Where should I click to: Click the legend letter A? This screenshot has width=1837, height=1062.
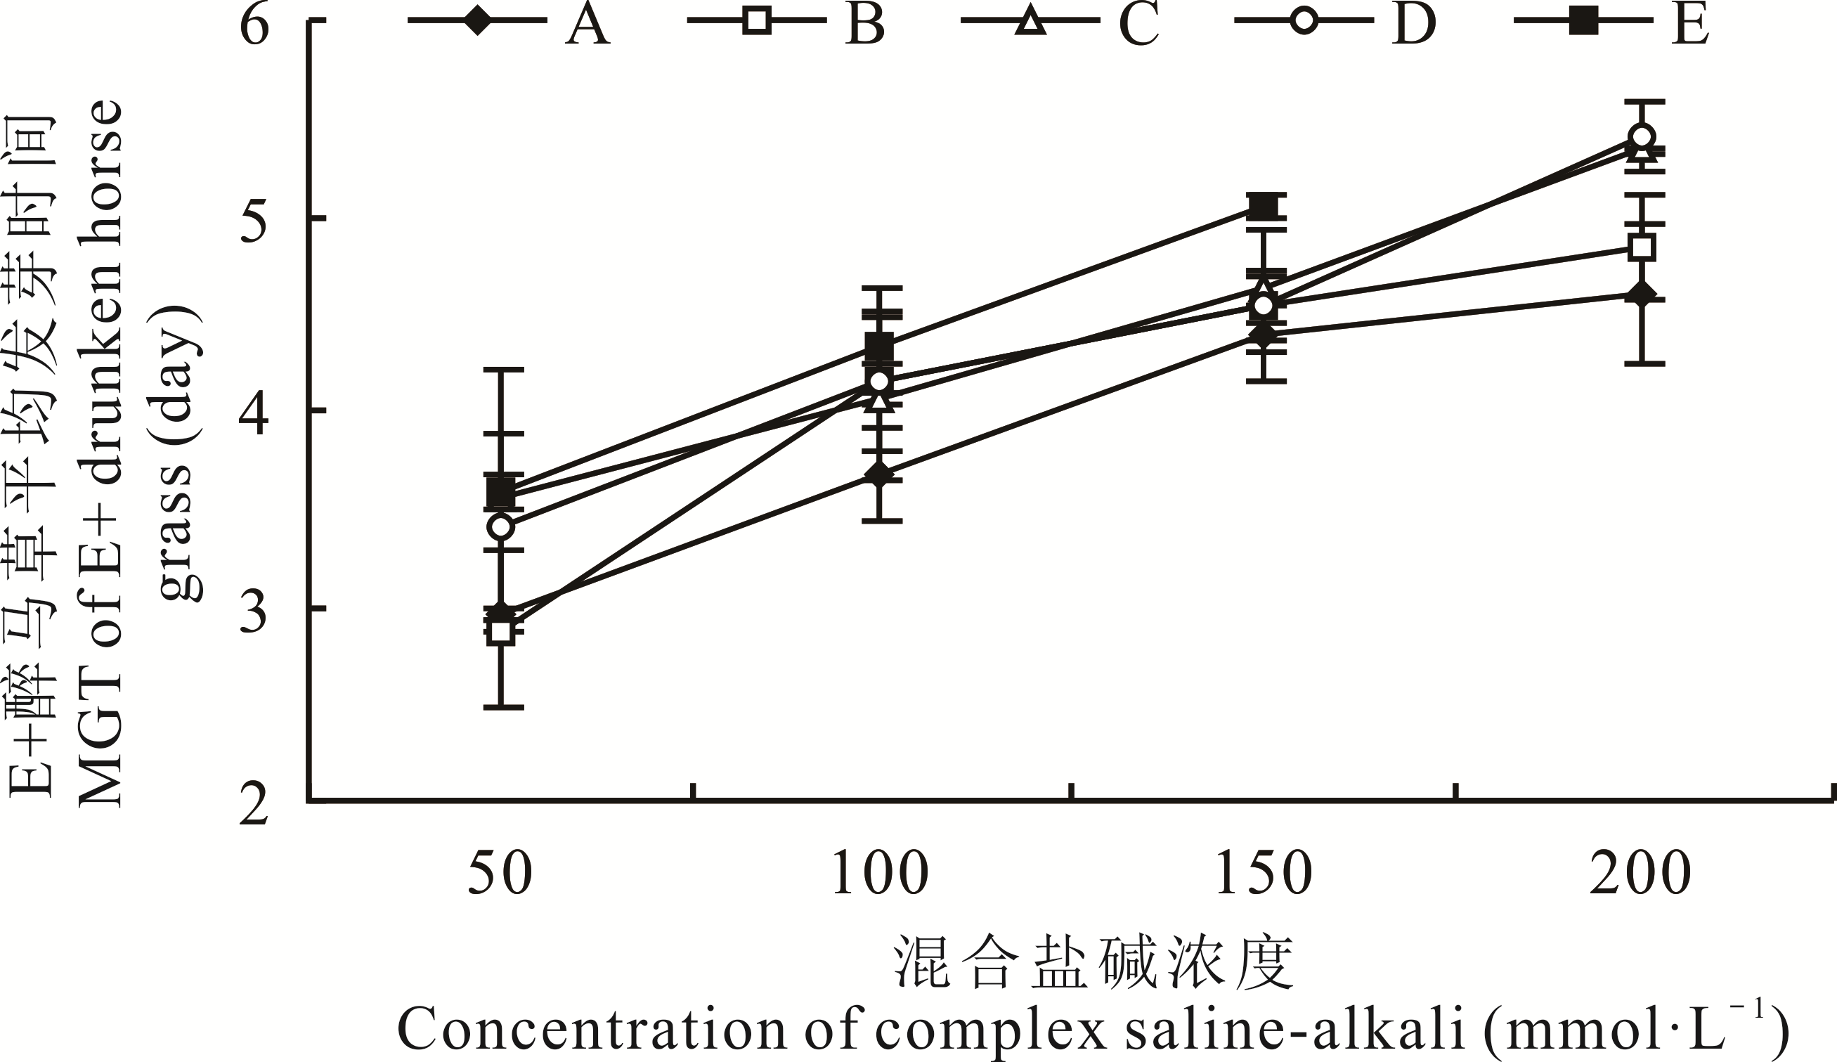[588, 23]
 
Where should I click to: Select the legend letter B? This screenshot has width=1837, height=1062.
[865, 23]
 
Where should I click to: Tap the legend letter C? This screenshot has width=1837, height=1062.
[1138, 23]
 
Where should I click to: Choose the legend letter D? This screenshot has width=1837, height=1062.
[1413, 23]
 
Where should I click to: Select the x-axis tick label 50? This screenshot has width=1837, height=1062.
[500, 874]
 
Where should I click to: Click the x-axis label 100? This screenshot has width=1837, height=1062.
[881, 874]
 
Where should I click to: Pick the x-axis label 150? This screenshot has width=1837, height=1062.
[1264, 874]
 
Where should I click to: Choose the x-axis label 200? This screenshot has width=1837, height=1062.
[1640, 874]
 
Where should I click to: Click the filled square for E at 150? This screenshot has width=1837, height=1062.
[1264, 207]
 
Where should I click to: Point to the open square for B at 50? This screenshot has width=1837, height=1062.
[501, 630]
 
